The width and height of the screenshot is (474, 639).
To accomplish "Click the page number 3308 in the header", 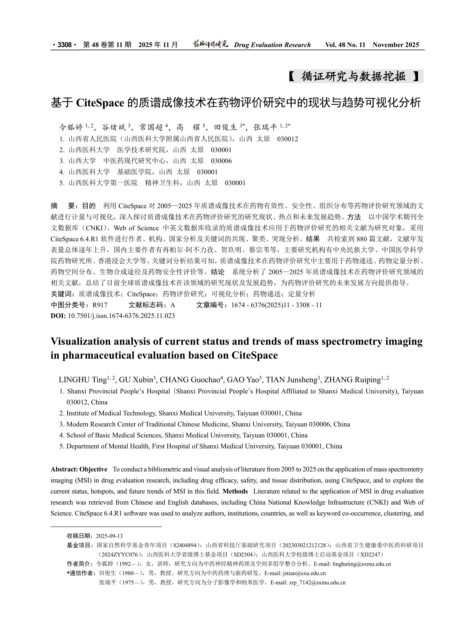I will pos(65,45).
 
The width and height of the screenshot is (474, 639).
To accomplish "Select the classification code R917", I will pos(100,305).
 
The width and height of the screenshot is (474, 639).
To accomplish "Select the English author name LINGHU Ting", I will pos(83,380).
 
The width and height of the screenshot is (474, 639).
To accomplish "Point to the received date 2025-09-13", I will pos(109,536).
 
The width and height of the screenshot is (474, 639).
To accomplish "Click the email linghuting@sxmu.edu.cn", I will pos(362,564).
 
